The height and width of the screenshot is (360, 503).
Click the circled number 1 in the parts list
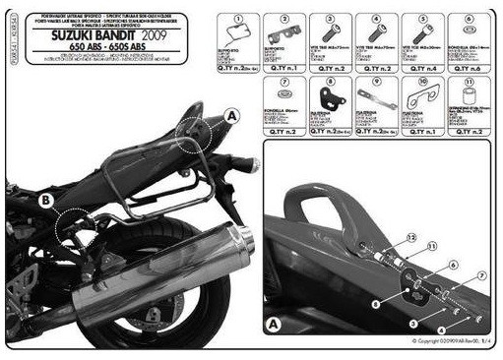click(238, 19)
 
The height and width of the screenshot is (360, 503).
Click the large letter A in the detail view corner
click(276, 323)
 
